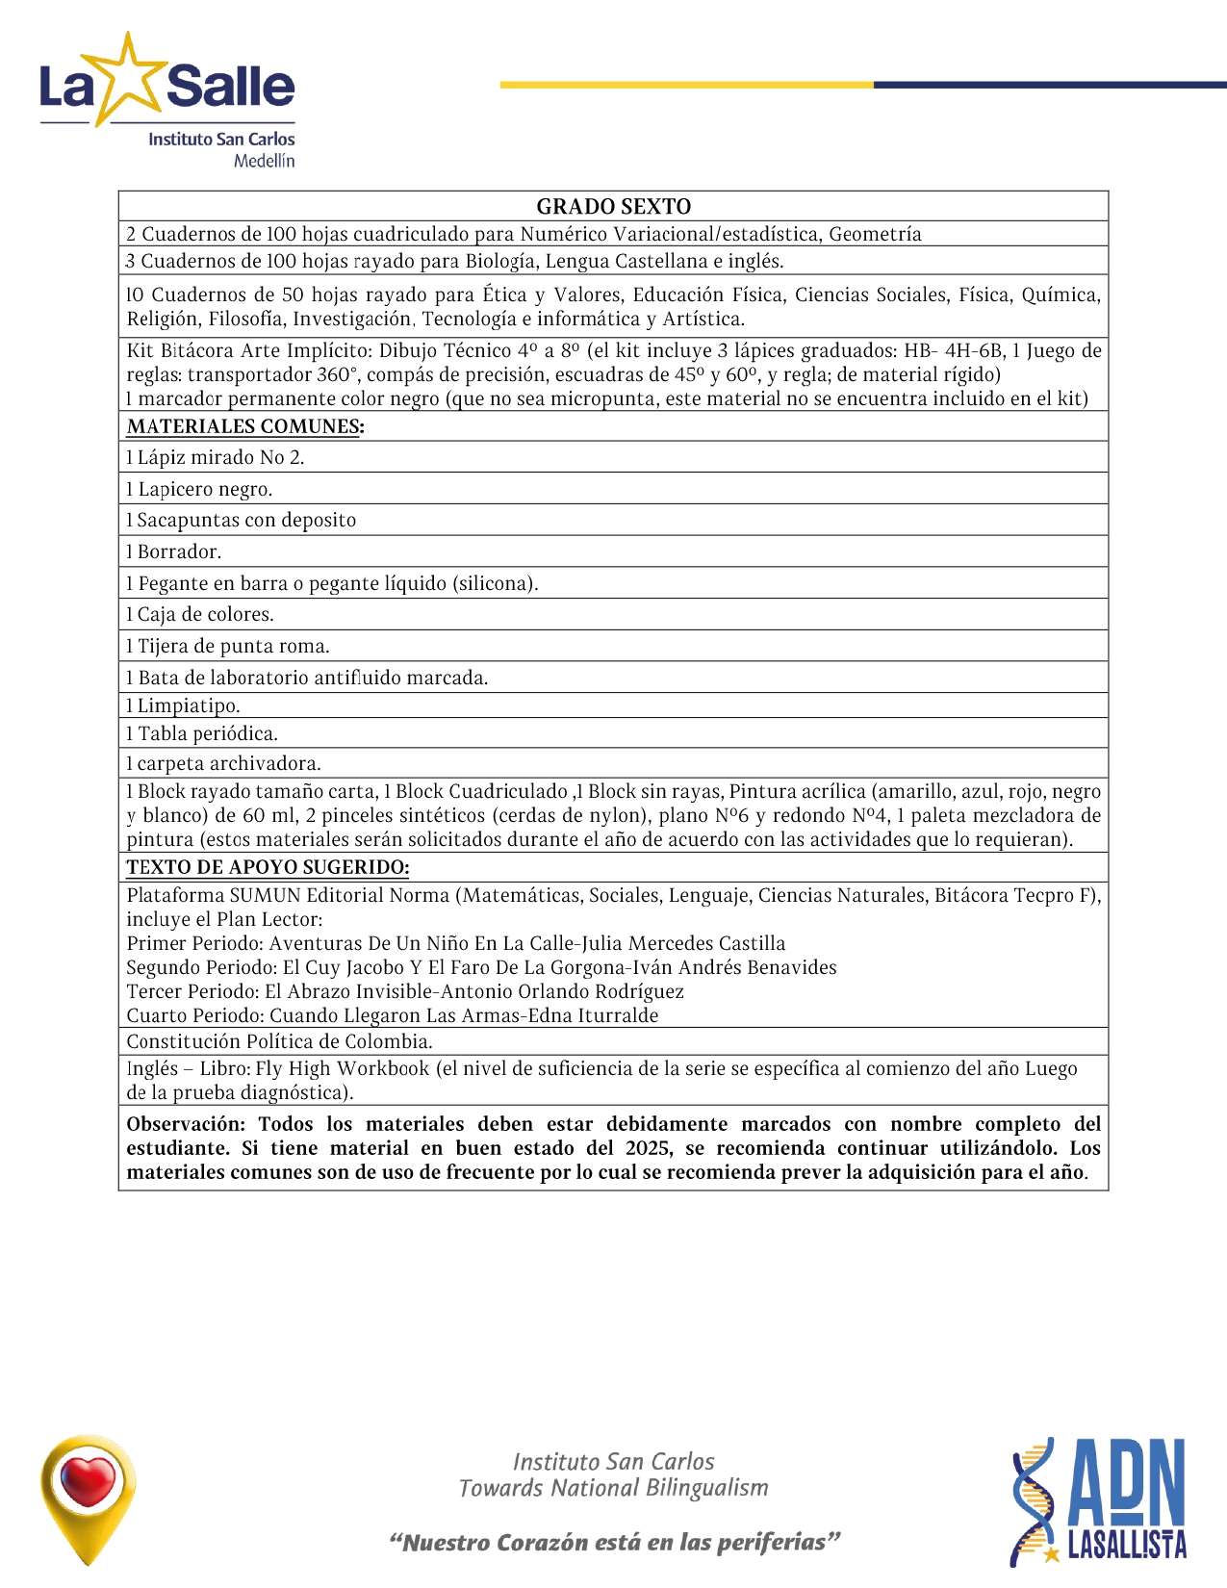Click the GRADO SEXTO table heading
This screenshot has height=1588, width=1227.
613,206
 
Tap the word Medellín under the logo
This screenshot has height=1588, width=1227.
264,161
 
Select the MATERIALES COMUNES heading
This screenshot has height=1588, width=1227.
245,426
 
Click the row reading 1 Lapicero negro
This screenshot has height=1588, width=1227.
200,489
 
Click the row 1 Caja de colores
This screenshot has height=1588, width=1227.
200,614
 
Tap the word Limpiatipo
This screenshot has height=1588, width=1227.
189,705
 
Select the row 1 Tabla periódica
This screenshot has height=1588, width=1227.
202,733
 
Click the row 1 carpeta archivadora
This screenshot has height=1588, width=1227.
224,763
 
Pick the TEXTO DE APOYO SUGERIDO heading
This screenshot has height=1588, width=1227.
268,867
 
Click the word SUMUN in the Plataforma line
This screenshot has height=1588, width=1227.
265,895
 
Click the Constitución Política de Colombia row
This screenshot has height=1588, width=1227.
280,1041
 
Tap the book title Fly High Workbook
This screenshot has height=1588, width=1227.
343,1068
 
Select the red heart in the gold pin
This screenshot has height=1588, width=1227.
88,1479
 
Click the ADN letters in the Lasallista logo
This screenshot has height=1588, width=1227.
1127,1481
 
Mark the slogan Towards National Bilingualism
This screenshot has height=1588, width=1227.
614,1488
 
